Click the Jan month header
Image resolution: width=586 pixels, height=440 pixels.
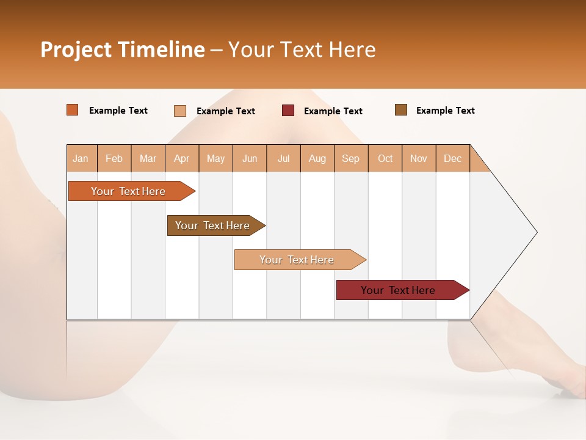pos(81,158)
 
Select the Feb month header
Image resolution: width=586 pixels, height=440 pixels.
pos(114,158)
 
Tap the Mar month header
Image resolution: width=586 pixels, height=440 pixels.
pos(148,158)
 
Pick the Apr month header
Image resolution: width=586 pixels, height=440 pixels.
pos(182,158)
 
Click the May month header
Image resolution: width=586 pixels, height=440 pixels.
pos(215,158)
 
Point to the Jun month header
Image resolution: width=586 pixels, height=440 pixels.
pos(250,158)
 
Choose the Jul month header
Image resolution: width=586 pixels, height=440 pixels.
pos(283,158)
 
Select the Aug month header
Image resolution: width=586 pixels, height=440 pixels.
pos(317,158)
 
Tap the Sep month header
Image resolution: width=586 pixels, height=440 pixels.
pos(351,158)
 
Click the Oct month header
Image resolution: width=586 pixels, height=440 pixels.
pos(385,158)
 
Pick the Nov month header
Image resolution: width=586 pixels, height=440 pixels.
pos(419,158)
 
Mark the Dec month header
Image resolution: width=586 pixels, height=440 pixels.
pos(453,158)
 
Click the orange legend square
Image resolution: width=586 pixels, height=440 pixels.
pos(73,110)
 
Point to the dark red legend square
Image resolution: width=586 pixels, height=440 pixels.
pos(288,111)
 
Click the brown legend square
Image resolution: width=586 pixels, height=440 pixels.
pos(401,110)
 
